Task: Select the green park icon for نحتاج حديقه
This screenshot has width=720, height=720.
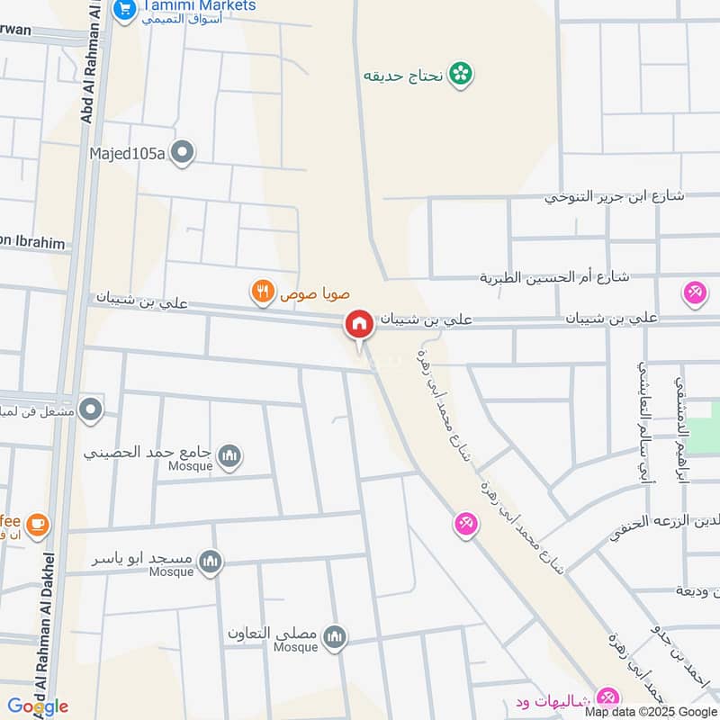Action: click(x=462, y=74)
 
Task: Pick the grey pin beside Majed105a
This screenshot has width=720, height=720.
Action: click(x=183, y=153)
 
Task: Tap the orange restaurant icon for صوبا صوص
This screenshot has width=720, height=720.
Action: click(x=263, y=292)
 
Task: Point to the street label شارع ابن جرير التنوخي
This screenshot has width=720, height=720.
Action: click(x=615, y=195)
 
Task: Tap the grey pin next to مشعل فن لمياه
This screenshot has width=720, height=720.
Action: click(x=90, y=411)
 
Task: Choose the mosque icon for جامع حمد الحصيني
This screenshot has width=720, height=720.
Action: click(x=229, y=455)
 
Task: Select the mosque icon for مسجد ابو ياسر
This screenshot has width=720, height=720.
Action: click(x=211, y=562)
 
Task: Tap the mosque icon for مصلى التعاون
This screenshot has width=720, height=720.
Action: click(x=335, y=637)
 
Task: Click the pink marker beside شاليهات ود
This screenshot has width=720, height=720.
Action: click(x=607, y=697)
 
